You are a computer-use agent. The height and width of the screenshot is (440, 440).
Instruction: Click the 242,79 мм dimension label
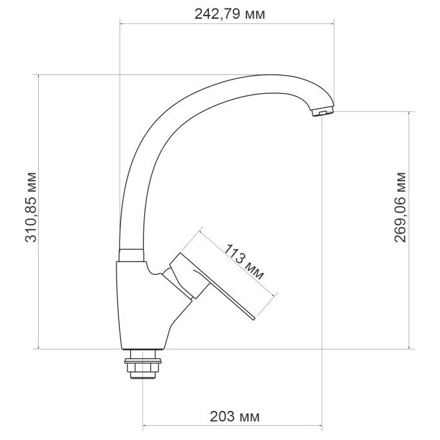pyautogui.click(x=230, y=14)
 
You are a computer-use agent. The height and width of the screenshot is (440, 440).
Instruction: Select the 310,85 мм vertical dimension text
pyautogui.click(x=30, y=207)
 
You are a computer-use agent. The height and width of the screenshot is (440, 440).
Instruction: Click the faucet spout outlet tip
pyautogui.click(x=323, y=113)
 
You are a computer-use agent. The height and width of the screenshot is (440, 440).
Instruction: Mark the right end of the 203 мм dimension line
pyautogui.click(x=322, y=426)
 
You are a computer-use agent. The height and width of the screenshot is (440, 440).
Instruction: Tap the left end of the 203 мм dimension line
pyautogui.click(x=143, y=426)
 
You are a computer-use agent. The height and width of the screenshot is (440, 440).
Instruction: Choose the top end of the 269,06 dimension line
pyautogui.click(x=410, y=111)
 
